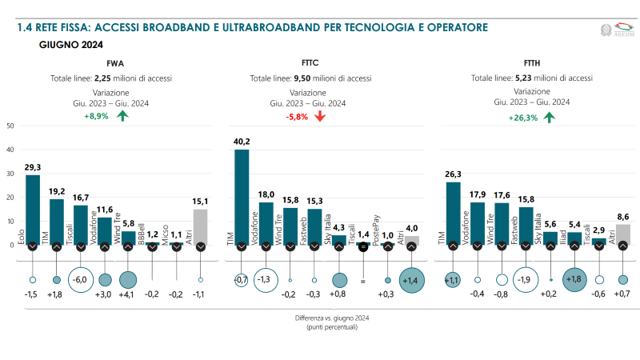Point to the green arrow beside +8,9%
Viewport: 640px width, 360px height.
click(122, 116)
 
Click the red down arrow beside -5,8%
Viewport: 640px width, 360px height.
click(320, 116)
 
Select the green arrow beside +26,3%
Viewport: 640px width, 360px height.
click(549, 116)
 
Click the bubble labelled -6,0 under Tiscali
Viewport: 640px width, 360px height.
click(80, 280)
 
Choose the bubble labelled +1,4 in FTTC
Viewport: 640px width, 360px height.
click(412, 280)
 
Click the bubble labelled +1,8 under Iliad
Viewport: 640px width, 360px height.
click(574, 280)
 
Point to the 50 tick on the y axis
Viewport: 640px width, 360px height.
click(9, 126)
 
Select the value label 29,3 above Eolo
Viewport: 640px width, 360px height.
click(33, 167)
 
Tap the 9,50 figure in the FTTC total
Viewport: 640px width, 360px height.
click(302, 78)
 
